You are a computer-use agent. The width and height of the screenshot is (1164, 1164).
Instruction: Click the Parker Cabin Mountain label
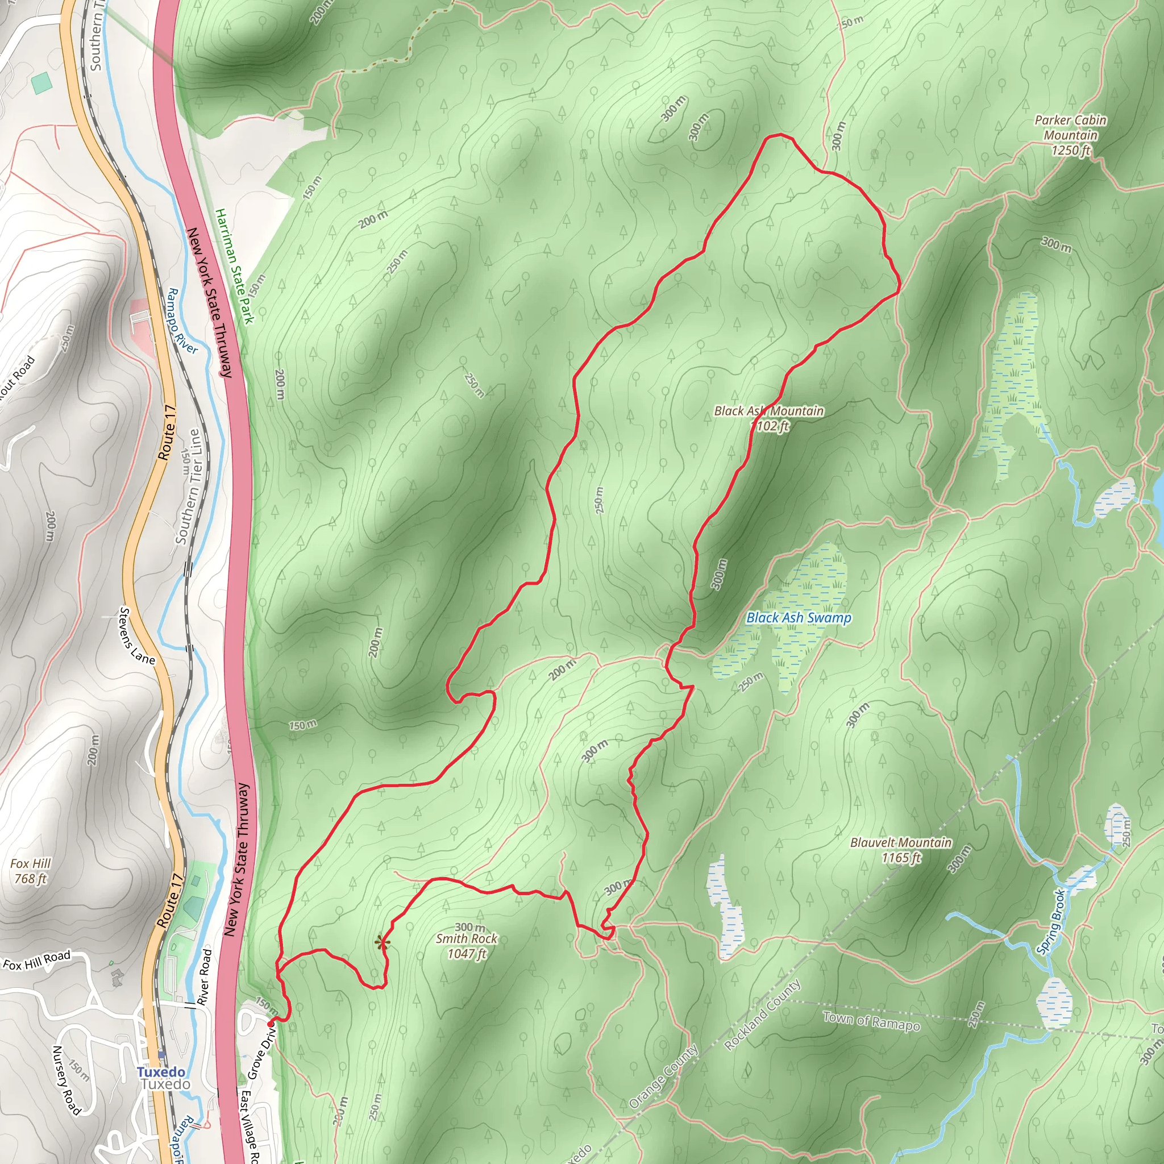(1070, 135)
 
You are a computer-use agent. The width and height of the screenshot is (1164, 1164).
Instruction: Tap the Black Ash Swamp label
(799, 618)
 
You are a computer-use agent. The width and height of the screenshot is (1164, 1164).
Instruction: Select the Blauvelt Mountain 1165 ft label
(901, 850)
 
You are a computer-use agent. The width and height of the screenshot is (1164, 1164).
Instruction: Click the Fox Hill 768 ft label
(30, 871)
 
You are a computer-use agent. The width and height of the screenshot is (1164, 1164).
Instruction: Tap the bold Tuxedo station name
(161, 1072)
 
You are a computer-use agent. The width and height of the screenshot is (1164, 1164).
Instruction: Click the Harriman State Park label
(234, 265)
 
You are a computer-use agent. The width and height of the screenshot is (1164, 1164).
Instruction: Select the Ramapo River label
(181, 321)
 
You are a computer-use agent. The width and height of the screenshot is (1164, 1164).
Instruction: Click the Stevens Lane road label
(137, 636)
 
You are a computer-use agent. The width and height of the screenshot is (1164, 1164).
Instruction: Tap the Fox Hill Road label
(37, 960)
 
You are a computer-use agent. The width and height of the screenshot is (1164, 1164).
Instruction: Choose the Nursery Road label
(66, 1080)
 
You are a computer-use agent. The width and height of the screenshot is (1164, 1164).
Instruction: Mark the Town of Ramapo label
(871, 1021)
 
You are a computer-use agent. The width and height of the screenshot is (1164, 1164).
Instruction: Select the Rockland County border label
(762, 1015)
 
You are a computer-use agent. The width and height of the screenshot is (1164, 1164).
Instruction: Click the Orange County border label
(663, 1076)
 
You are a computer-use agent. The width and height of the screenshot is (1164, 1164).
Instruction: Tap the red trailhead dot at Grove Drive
(271, 1023)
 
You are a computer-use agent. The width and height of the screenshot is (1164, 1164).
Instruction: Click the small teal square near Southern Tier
(41, 82)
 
